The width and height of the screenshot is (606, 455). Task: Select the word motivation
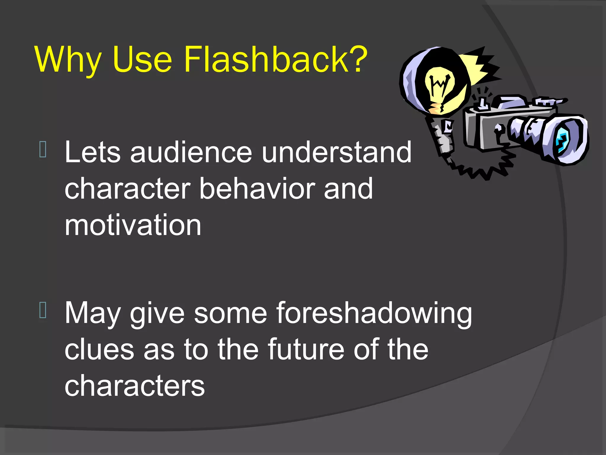[133, 225]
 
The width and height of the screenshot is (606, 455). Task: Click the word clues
[99, 350]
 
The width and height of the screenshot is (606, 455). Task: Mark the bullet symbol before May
[43, 310]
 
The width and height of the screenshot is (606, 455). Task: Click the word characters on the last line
[135, 386]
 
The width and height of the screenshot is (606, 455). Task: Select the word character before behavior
[128, 189]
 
